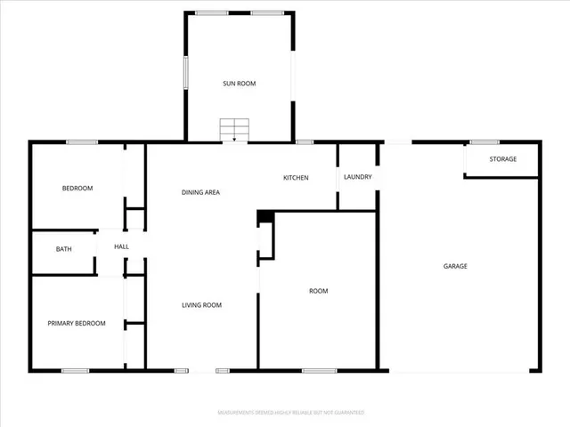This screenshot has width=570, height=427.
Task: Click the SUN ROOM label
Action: click(239, 84)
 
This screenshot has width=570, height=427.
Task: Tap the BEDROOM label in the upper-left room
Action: click(77, 188)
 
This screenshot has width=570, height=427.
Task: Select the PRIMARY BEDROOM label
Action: click(77, 324)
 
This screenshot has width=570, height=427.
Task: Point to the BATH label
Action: click(64, 249)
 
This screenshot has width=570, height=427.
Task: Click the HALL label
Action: click(121, 246)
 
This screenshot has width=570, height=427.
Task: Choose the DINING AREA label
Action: click(200, 192)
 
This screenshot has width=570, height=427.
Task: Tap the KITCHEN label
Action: click(296, 178)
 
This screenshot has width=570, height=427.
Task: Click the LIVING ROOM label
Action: click(201, 305)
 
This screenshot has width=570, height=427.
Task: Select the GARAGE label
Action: click(456, 266)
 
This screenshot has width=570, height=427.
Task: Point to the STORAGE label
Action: click(502, 159)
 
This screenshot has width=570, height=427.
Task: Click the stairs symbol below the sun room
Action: click(234, 130)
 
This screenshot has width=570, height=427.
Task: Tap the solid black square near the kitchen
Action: click(264, 217)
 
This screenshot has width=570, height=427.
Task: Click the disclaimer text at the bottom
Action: click(291, 413)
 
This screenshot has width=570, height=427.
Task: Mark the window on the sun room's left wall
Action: click(185, 72)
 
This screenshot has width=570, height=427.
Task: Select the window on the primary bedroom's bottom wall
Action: click(75, 370)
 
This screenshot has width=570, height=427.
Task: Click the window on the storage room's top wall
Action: click(484, 141)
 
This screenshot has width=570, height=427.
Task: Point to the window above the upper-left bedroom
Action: click(82, 141)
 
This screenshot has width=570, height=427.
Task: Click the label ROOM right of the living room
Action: click(318, 291)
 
